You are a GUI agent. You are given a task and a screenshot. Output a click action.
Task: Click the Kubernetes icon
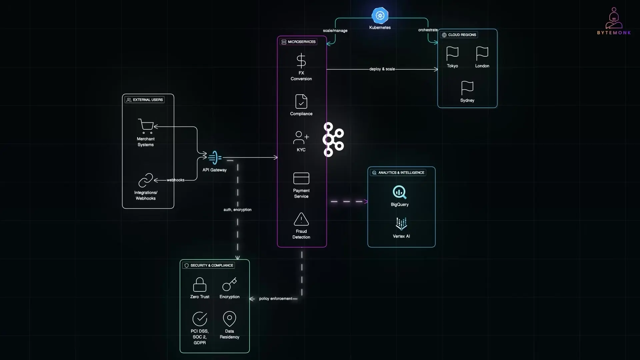380,15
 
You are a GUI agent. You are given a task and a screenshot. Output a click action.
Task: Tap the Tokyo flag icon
452,53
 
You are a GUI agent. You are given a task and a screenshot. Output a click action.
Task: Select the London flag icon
482,53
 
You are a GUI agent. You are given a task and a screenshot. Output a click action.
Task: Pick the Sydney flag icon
467,88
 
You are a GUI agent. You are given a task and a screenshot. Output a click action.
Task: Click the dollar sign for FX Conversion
301,61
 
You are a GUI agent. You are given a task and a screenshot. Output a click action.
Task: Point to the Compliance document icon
301,102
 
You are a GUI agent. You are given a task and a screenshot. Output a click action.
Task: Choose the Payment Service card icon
301,178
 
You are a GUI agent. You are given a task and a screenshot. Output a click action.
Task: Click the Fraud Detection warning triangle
301,219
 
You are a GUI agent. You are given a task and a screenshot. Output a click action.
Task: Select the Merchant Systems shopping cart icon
146,126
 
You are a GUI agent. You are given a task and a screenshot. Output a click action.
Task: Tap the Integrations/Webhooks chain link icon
146,180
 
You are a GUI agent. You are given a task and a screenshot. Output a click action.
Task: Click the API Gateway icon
215,158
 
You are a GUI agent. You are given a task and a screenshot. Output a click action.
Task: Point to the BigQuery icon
399,192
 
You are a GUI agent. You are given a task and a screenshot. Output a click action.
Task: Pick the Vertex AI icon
401,224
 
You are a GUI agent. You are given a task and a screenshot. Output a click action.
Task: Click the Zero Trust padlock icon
200,285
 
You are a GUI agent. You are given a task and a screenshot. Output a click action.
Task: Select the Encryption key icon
229,284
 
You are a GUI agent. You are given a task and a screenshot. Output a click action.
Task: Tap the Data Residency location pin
229,319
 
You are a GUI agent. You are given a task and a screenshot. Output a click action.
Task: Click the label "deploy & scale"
382,69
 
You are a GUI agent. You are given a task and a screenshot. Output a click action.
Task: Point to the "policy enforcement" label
276,299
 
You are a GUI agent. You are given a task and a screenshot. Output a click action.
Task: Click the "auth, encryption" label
237,210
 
